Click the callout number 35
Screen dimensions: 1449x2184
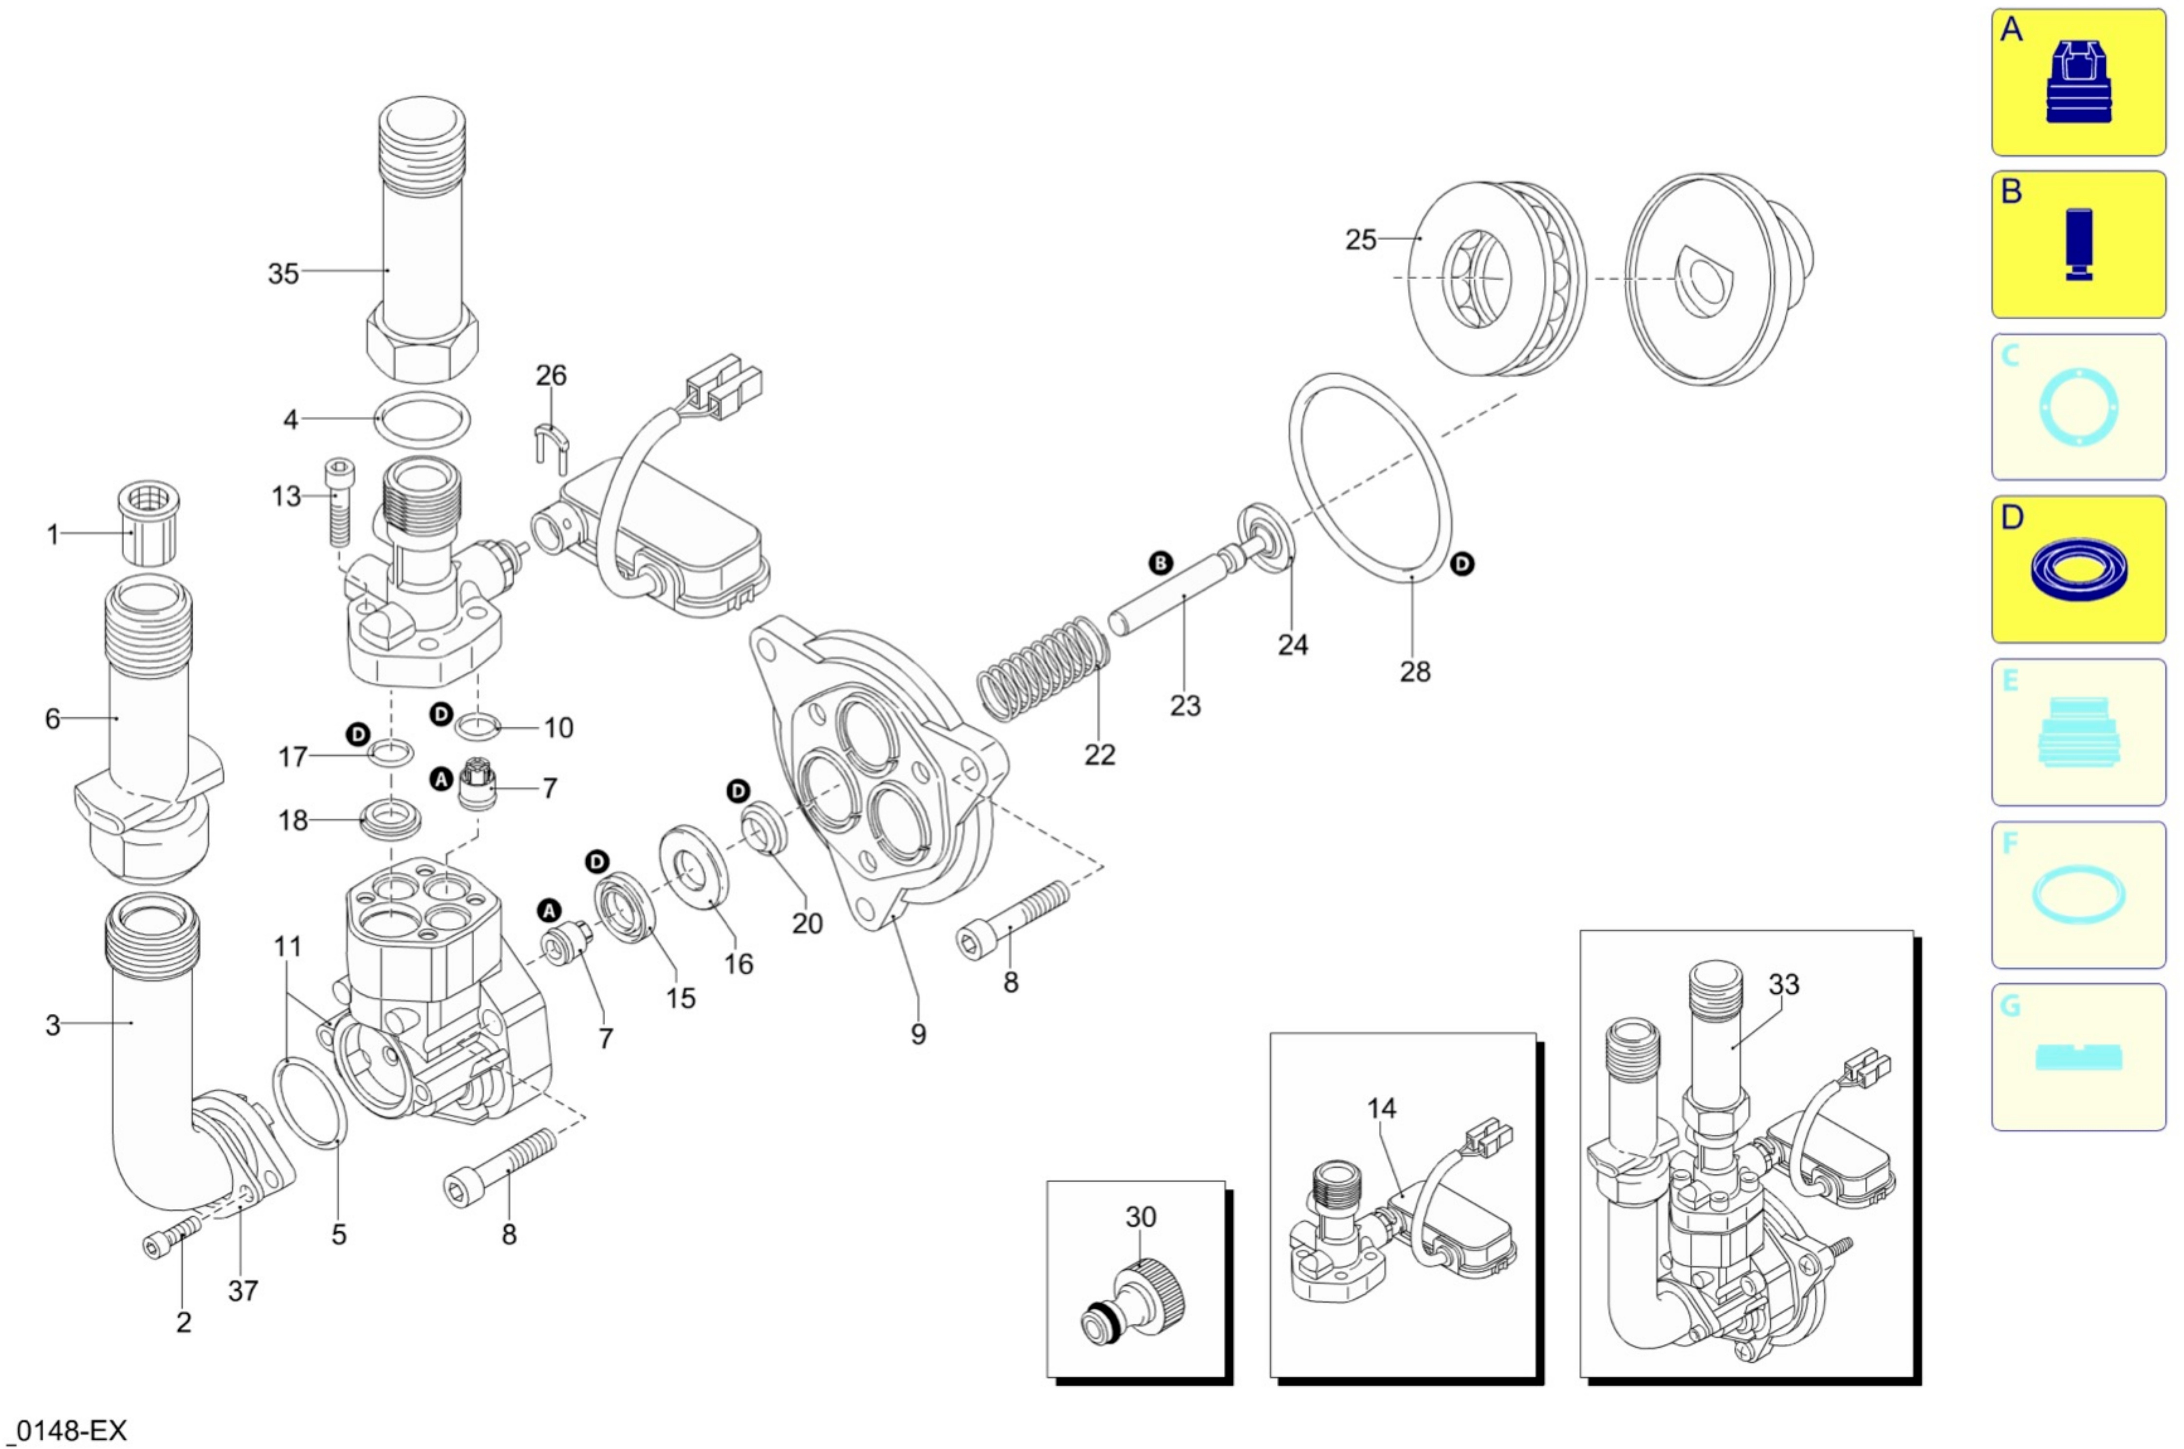[x=283, y=274]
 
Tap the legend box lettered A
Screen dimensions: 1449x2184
[x=2078, y=82]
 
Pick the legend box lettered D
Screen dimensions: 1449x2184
[x=2078, y=569]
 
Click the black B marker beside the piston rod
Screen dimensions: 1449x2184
[x=1160, y=563]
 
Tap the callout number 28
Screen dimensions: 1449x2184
[x=1414, y=671]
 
